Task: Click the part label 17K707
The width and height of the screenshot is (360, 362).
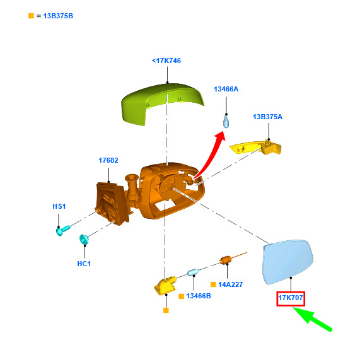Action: [291, 298]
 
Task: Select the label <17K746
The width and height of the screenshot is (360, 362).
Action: [166, 61]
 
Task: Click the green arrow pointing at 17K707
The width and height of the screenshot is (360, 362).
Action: [312, 318]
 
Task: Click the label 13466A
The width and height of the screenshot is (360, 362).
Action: [226, 89]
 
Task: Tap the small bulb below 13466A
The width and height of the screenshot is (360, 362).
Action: [226, 122]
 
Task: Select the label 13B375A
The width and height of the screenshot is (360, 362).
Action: [267, 117]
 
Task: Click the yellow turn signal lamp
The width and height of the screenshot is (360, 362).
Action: [256, 148]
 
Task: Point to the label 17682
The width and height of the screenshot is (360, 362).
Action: [108, 160]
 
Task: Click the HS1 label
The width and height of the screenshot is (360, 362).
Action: [59, 206]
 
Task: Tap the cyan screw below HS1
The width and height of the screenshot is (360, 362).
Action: [63, 230]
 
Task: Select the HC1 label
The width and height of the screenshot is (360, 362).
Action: [84, 264]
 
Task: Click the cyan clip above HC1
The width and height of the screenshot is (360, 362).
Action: [84, 240]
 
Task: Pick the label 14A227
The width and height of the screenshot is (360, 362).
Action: [231, 284]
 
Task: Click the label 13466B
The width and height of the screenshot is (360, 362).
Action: [199, 296]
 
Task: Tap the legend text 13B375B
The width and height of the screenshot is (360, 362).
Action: [58, 16]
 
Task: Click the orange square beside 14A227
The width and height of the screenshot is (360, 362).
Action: [213, 284]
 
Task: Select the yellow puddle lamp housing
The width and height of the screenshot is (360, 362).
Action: [165, 286]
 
